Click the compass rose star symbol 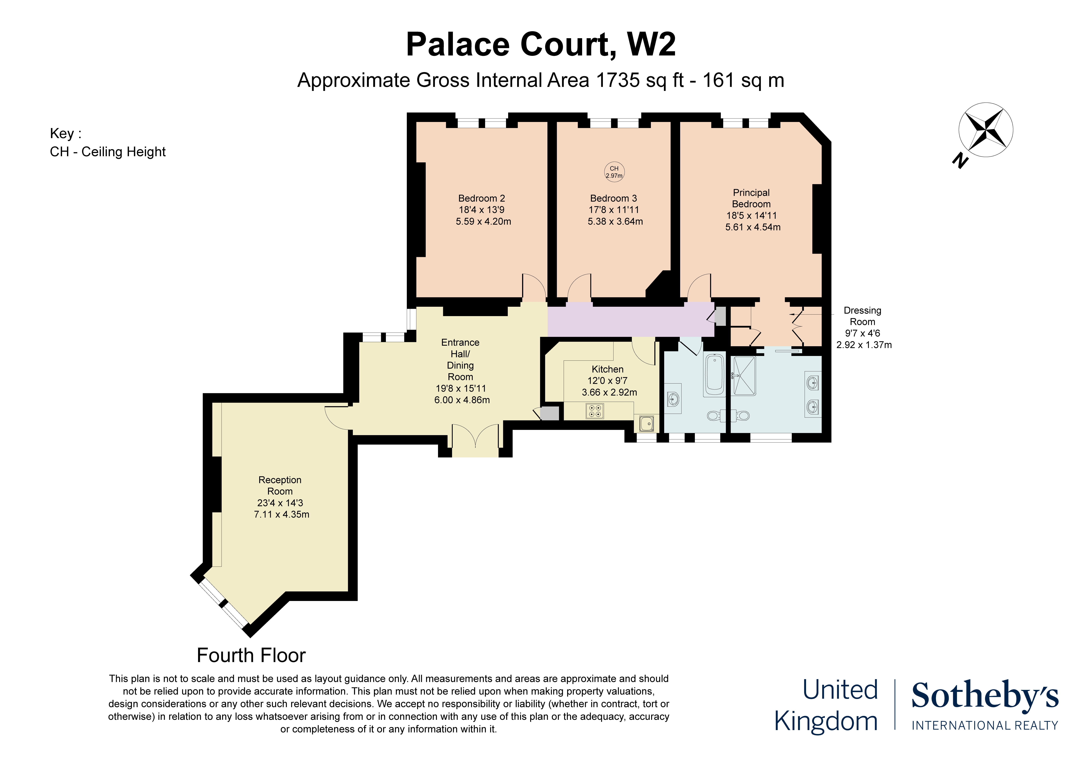[x=985, y=130]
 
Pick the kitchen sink [x=647, y=424]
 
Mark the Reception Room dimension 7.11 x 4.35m [x=281, y=514]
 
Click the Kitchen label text [x=607, y=369]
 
